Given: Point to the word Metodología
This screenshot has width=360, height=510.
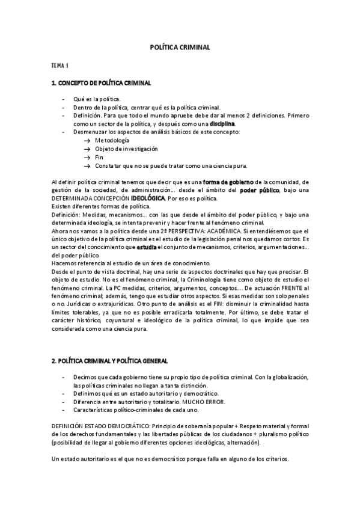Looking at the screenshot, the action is pos(112,140).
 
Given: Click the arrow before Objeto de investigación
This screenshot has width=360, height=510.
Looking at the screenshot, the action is pos(87,148).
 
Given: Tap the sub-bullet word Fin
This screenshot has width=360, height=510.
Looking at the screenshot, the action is pos(99,156).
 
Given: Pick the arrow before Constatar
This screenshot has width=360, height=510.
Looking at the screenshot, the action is pos(87,165).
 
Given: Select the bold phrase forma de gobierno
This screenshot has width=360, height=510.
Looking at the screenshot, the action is pos(228,182).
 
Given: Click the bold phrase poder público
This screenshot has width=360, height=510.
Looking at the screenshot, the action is pos(260,191).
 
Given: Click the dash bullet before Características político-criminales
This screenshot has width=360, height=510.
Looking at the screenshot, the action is pos(64,410).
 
